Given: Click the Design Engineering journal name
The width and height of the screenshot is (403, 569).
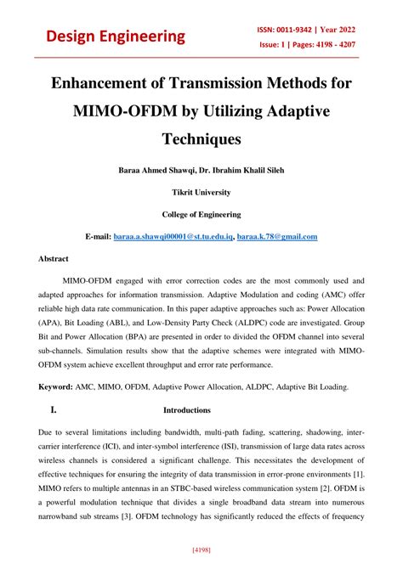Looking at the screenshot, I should [x=116, y=36].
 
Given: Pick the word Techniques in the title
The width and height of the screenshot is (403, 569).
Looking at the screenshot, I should [x=201, y=137].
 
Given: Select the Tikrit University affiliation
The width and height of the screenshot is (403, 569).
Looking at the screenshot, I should [x=201, y=192].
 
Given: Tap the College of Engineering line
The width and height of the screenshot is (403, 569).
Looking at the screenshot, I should [x=201, y=214].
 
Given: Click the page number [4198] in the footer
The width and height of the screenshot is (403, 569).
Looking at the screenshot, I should [x=201, y=550].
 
